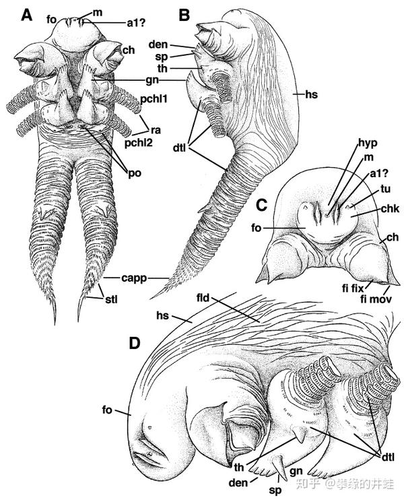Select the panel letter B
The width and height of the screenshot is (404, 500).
pyautogui.click(x=184, y=14)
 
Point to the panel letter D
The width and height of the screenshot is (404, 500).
pyautogui.click(x=135, y=343)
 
